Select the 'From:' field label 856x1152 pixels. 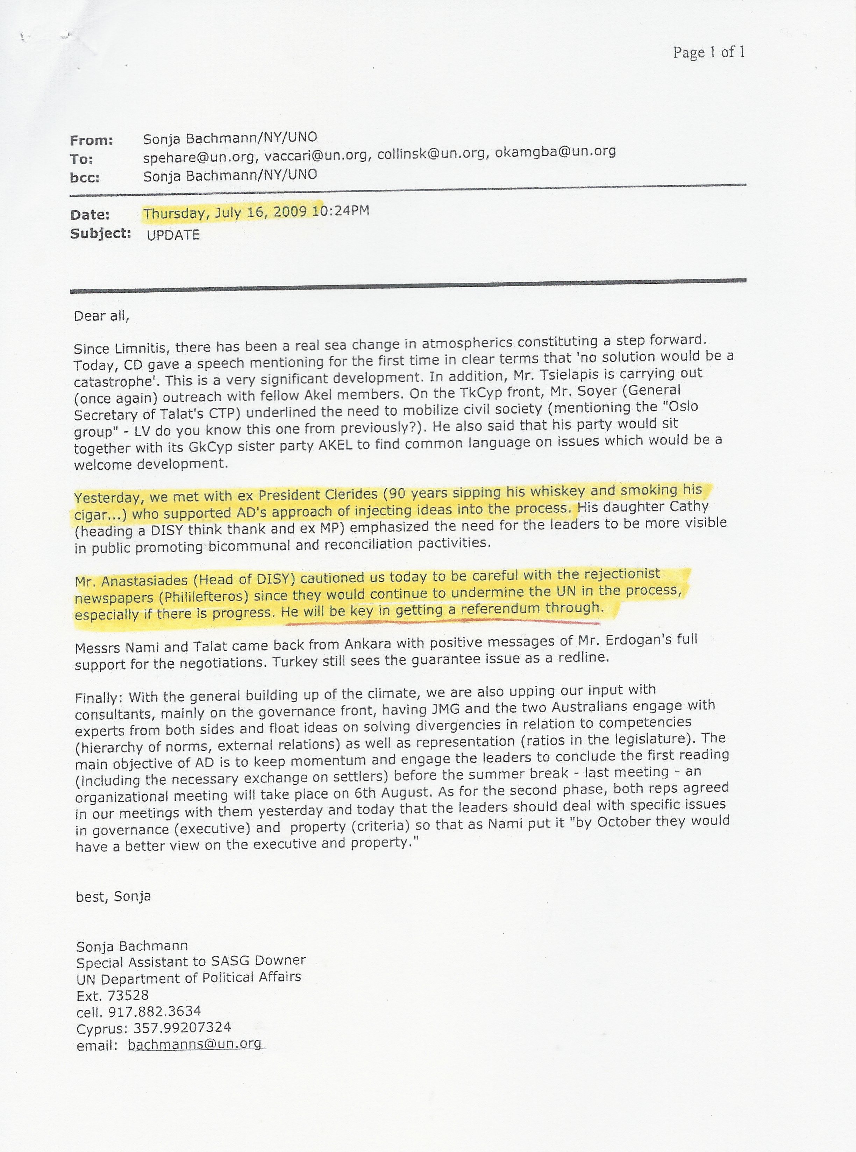(91, 141)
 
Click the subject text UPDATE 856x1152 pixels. (173, 235)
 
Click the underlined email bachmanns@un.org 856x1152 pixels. (194, 1044)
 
